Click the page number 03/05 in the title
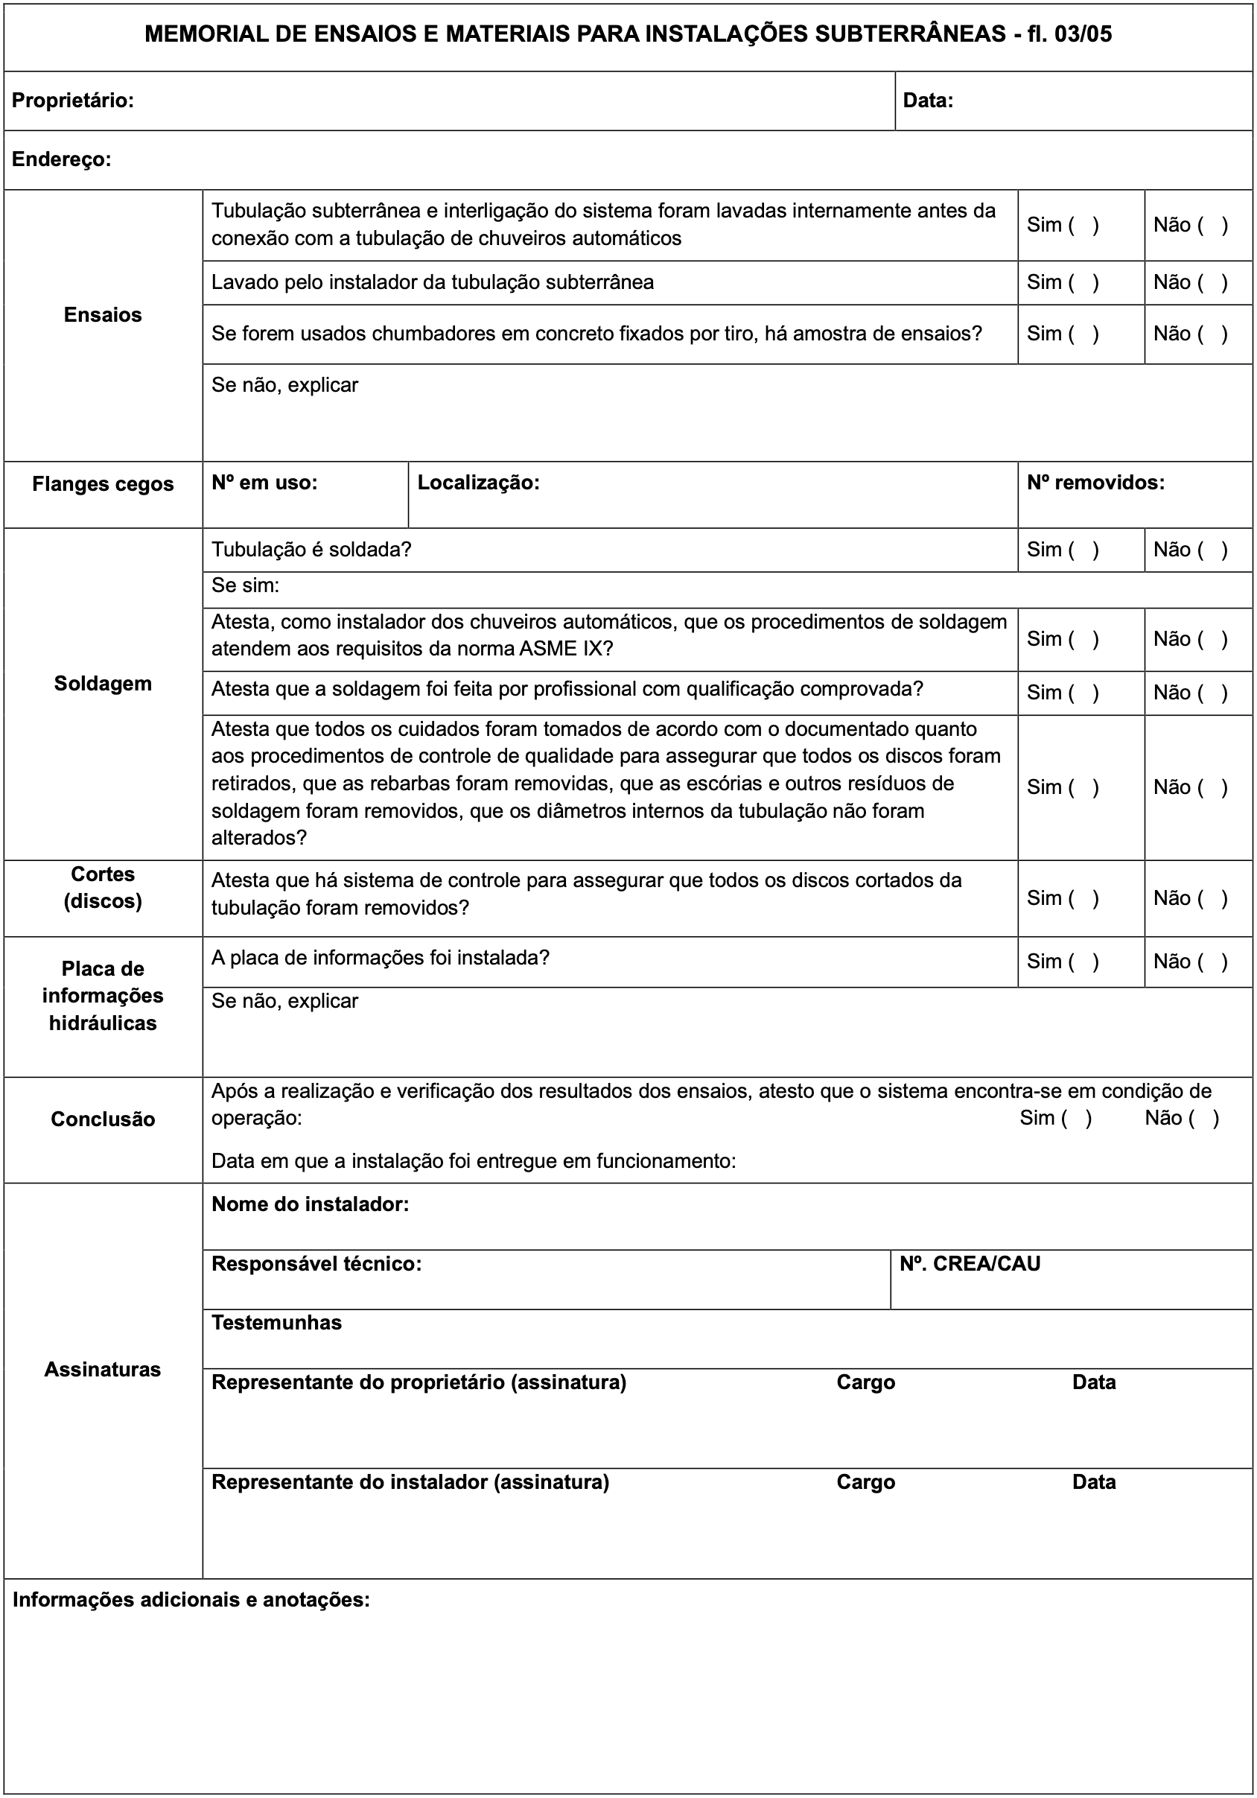pos(1083,34)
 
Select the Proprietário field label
pos(73,101)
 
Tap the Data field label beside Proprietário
pos(927,101)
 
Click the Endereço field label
pos(61,159)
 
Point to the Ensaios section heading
pos(103,315)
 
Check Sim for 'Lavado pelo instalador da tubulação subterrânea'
pos(1086,283)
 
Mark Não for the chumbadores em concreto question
pos(1212,334)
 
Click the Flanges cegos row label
pos(103,484)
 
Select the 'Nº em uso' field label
pos(264,483)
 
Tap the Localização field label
pos(478,483)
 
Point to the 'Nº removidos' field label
pos(1095,483)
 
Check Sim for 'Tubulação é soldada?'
pos(1086,550)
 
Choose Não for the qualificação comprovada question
pos(1212,693)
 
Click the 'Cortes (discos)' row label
pos(103,887)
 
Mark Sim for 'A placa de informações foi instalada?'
pos(1086,962)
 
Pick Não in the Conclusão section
pos(1203,1118)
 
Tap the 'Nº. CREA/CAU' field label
pos(970,1264)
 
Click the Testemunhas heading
pos(276,1323)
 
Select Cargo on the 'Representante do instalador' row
pos(865,1481)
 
